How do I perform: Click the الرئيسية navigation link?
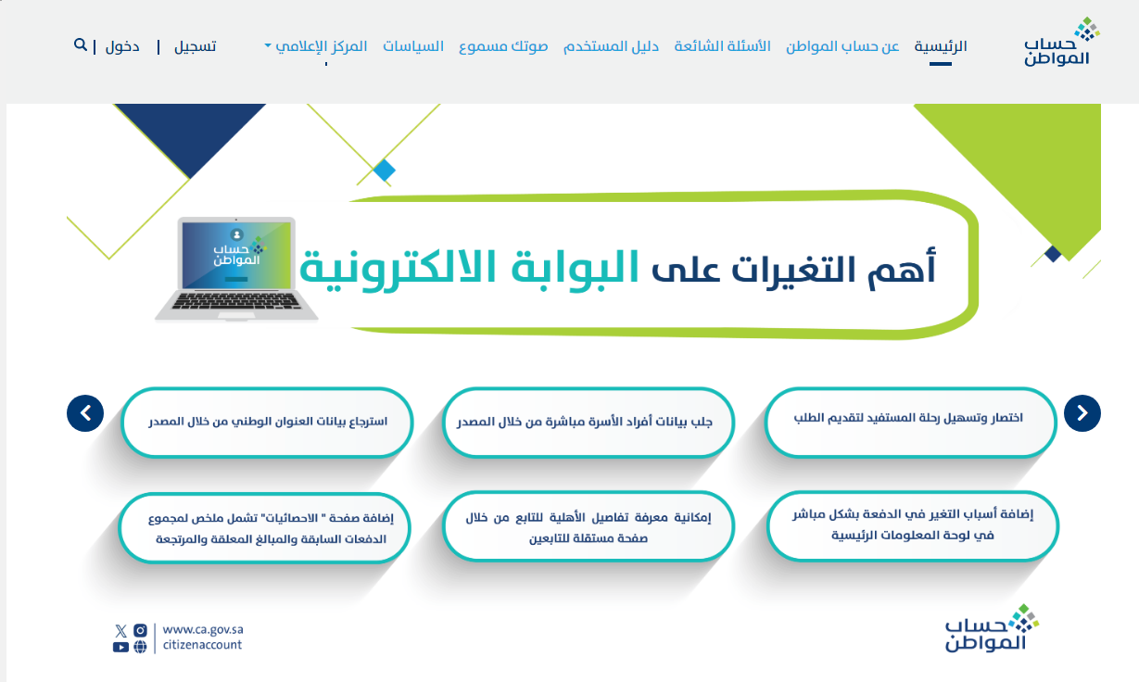point(940,46)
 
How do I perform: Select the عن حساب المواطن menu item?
point(842,46)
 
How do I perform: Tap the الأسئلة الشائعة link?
point(722,46)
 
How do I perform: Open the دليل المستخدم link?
point(611,46)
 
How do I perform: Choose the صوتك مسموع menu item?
point(503,46)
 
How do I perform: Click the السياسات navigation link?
point(413,46)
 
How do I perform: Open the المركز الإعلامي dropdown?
point(316,46)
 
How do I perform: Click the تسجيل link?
point(196,46)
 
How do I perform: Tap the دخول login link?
point(122,46)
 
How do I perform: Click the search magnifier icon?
point(81,44)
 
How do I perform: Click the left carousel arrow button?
point(85,413)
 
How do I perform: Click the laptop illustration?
point(236,270)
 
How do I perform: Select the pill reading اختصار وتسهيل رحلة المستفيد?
point(910,423)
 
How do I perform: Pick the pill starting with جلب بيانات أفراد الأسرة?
point(588,423)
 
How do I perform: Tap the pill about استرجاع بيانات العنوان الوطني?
point(267,423)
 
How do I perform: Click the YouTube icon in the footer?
point(120,647)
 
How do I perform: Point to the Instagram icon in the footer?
point(140,631)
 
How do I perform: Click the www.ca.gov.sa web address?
point(203,629)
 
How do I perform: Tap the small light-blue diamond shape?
point(385,170)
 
